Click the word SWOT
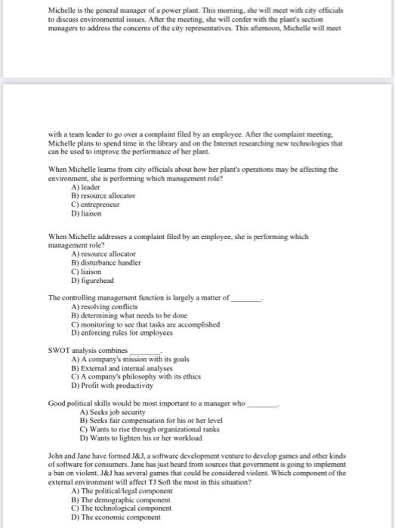tap(59, 351)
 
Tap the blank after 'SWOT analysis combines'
tap(147, 351)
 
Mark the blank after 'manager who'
tap(264, 404)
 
